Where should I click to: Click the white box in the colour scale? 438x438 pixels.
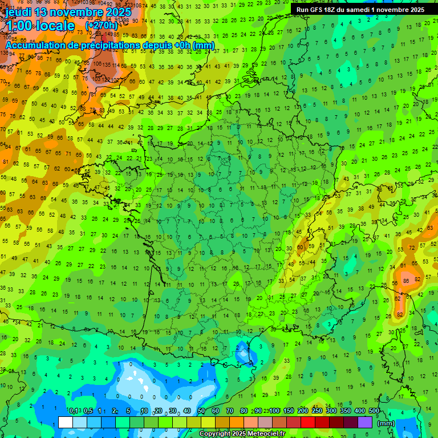pos(66,422)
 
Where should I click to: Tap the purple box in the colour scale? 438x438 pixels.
pos(365,422)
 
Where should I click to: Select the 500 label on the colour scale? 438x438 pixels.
pos(374,411)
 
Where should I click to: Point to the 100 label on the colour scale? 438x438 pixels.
pos(274,411)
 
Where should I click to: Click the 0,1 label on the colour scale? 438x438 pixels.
pos(73,411)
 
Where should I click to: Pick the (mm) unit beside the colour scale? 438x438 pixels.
pos(386,423)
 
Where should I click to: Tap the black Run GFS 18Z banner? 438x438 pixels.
pos(360,10)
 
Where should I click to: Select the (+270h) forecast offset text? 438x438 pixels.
pos(102,26)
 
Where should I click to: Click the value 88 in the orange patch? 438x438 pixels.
pos(405,281)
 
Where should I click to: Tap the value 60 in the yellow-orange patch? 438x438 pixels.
pos(301,248)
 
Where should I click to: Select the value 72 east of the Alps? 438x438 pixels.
pos(412,248)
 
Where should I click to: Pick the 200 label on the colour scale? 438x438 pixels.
pos(303,411)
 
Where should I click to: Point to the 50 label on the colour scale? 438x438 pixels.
pos(201,411)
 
